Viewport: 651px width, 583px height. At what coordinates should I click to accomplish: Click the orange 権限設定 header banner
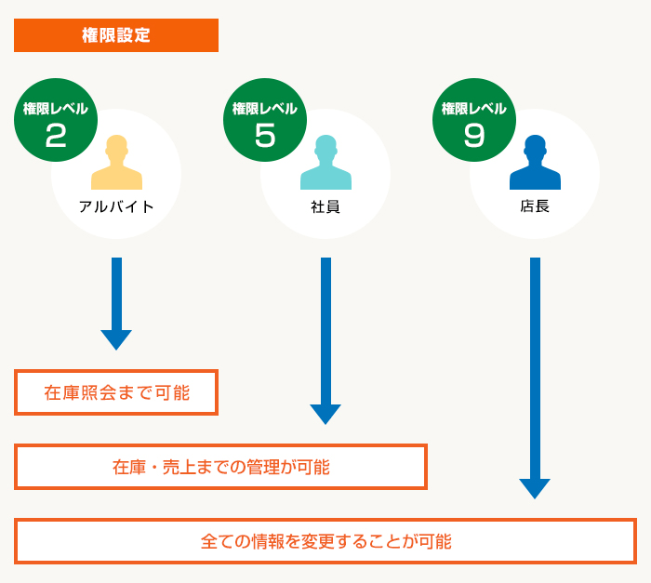(116, 35)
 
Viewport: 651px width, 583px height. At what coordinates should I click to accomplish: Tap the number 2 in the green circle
(56, 136)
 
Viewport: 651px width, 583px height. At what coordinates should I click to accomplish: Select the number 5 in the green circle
(265, 136)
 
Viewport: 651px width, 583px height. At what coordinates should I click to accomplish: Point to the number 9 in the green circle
(474, 136)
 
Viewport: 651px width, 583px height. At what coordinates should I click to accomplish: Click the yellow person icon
(116, 163)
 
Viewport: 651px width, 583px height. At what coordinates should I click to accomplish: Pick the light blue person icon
(325, 163)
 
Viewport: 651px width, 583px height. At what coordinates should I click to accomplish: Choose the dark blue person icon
(535, 163)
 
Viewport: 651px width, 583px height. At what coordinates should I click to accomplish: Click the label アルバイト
(116, 206)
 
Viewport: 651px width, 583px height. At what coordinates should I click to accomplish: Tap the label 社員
(325, 206)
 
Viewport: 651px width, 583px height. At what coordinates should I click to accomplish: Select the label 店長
(535, 206)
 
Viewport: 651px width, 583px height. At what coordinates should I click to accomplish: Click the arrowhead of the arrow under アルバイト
(116, 338)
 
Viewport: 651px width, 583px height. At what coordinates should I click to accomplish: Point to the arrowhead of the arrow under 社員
(325, 413)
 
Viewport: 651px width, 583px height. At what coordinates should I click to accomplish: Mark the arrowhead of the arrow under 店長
(535, 487)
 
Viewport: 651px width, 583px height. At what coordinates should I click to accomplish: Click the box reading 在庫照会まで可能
(116, 392)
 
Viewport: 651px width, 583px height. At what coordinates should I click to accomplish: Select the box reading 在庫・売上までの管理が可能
(220, 467)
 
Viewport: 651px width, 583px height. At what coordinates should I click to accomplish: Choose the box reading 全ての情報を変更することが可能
(325, 541)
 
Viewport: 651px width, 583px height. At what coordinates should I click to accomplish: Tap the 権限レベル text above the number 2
(56, 109)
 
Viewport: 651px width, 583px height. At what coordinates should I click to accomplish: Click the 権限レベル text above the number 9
(474, 109)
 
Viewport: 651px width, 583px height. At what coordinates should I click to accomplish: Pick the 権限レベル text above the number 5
(265, 109)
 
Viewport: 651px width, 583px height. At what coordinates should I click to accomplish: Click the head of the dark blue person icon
(535, 147)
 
